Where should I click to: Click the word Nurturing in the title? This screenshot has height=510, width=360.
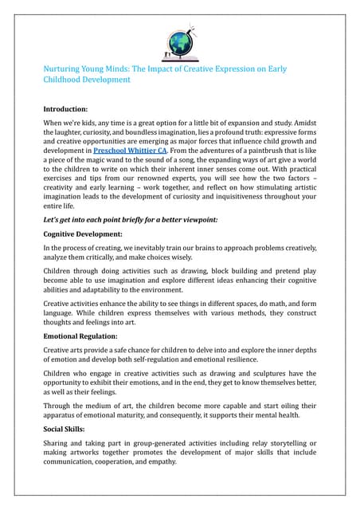[x=65, y=69]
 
